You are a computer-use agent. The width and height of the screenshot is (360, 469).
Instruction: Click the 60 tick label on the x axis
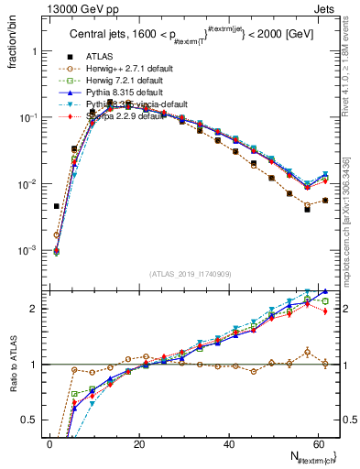(315, 443)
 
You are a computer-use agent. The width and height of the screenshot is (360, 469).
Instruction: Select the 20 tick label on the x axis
(137, 443)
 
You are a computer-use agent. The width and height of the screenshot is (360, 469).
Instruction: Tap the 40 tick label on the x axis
(226, 443)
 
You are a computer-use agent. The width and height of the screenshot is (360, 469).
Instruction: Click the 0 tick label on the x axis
(49, 443)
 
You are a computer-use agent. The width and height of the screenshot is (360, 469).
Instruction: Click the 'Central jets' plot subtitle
(102, 34)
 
